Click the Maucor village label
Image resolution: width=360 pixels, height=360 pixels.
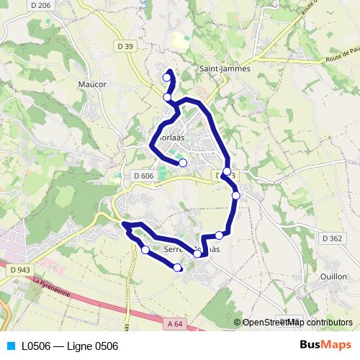pos(91,84)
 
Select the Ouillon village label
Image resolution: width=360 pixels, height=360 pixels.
pos(335,276)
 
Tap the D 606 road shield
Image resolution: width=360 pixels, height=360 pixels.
pos(144,176)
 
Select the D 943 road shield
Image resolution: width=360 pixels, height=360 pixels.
pos(20,269)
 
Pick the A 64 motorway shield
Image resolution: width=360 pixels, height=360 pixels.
pos(175,325)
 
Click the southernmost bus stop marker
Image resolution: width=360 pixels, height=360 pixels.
pos(178,268)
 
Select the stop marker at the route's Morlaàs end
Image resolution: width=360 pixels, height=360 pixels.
pos(183,163)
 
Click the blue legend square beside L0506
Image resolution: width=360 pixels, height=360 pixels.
pos(9,346)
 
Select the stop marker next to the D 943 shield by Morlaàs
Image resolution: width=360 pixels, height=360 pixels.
pos(227,171)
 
